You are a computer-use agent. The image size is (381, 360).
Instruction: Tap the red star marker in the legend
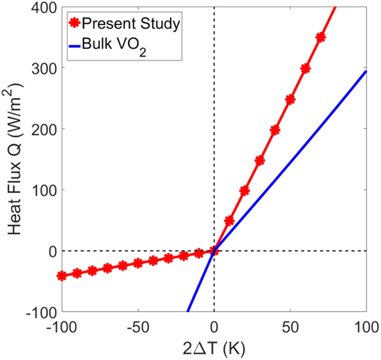pos(73,24)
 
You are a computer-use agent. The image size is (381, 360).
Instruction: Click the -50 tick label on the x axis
pos(137,327)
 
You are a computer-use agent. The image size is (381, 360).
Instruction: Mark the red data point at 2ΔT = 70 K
pos(321,37)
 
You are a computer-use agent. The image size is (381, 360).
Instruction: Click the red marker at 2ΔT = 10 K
pos(229,220)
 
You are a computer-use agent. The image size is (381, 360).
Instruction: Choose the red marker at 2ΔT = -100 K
pos(62,276)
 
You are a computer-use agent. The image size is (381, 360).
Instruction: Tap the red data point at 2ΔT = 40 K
pos(275,130)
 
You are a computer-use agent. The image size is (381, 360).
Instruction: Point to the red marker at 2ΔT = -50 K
pos(138,263)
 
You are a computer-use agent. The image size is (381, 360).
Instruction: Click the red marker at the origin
pos(214,250)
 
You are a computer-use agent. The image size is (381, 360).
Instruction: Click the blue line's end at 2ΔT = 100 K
pos(366,71)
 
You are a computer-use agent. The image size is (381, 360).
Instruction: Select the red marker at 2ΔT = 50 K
pos(290,99)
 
